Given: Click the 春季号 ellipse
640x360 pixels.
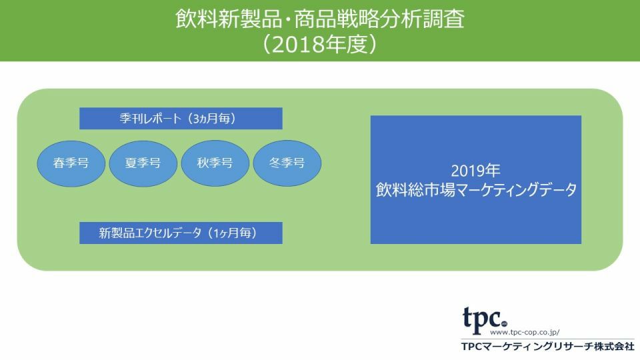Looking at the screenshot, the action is pos(71,163).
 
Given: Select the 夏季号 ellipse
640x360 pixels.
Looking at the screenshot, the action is pos(143,163).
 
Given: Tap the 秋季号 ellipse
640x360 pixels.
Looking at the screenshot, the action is pos(215,163).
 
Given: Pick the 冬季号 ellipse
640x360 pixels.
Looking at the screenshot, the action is pos(287,163).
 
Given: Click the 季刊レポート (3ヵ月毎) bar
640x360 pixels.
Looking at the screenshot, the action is pos(181,119).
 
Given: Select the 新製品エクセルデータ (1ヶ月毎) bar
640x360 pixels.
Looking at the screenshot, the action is pos(181,233).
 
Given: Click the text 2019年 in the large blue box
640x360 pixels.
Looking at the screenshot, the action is pos(475,171).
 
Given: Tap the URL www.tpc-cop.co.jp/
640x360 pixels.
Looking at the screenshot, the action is pos(525,332).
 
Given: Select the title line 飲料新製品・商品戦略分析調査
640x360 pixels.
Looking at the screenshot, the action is pos(320,19).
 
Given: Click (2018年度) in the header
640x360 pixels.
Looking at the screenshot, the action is pos(319,44).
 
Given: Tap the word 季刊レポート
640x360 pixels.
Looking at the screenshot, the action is pos(150,119).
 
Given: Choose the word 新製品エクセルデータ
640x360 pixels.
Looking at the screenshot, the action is pos(150,233).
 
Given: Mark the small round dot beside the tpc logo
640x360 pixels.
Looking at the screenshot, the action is pos(504,324).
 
